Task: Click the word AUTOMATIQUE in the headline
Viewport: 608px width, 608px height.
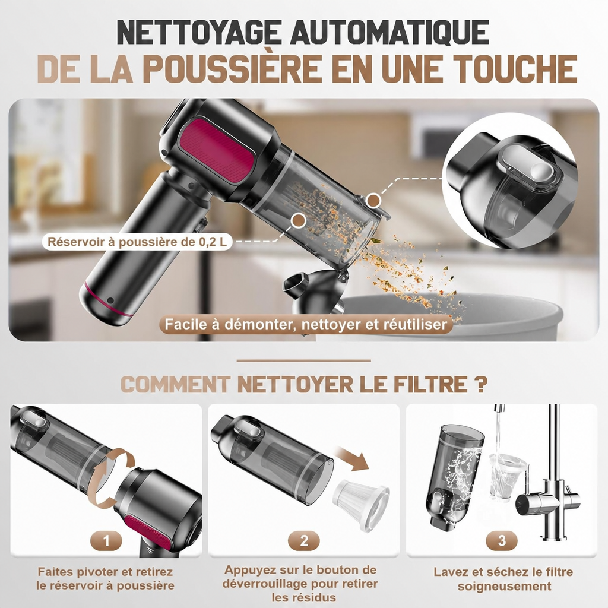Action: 389,32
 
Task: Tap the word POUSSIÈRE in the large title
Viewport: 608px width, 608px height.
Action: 232,69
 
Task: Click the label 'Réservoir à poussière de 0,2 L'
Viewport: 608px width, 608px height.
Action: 137,242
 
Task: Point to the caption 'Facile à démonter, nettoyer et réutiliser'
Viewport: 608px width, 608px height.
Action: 306,324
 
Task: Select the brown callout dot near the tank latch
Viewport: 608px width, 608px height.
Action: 373,201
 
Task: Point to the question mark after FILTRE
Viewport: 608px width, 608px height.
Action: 480,384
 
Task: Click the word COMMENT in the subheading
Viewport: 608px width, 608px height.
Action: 176,384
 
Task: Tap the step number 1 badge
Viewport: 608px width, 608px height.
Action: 106,540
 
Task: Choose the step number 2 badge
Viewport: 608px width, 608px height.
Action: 304,540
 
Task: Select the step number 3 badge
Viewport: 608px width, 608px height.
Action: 502,540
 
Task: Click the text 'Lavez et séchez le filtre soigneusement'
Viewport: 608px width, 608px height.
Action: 503,578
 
